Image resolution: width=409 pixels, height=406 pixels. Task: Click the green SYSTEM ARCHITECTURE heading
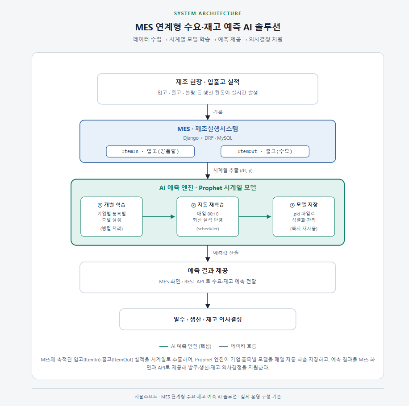point(208,13)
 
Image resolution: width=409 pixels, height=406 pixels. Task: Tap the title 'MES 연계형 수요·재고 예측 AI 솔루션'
point(208,27)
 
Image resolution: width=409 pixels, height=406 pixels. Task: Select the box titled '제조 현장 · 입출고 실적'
point(208,89)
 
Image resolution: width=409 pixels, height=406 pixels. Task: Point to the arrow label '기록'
point(218,112)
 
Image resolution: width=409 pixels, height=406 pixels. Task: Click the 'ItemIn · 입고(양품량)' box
point(150,151)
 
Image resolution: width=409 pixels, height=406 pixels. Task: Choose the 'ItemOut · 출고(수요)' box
point(265,151)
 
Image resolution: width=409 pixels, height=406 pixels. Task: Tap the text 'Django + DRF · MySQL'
point(208,138)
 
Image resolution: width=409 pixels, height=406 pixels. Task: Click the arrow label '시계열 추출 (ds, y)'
point(233,170)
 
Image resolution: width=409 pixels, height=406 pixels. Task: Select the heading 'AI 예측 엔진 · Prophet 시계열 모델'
point(208,188)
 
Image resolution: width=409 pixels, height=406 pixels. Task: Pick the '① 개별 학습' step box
point(112,216)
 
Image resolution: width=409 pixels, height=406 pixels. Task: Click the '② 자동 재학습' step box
point(208,216)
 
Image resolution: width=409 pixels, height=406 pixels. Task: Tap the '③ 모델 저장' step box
point(304,216)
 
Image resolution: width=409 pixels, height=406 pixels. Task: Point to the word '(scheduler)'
point(208,229)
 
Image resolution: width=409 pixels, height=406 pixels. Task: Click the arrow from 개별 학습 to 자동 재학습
point(159,216)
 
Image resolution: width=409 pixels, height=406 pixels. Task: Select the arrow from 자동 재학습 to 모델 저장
point(255,216)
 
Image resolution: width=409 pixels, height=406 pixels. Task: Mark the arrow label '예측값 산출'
point(225,253)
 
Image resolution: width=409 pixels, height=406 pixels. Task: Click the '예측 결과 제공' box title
point(208,270)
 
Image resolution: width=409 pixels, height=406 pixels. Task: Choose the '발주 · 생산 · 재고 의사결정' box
point(208,319)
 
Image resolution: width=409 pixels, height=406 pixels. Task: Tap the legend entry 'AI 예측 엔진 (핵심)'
point(185,346)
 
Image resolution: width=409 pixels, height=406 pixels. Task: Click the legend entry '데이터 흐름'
point(238,346)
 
